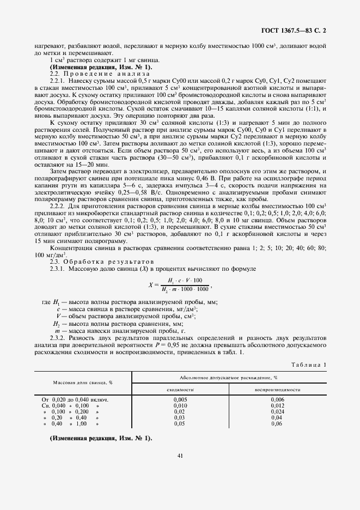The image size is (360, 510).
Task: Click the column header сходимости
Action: tap(180, 390)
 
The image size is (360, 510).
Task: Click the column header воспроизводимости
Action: tap(278, 390)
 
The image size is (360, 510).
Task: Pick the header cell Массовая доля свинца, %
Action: tap(82, 383)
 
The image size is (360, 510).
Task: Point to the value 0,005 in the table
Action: tap(180, 399)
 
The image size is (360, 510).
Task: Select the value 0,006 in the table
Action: tap(278, 399)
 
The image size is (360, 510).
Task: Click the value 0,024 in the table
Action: tap(278, 411)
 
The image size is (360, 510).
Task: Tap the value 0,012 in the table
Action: tap(278, 405)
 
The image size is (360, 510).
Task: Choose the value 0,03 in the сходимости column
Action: tap(180, 417)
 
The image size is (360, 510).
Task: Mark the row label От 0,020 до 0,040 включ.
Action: tap(71, 399)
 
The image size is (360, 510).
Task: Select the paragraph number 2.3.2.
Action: tap(58, 338)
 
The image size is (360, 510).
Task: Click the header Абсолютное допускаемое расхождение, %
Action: tap(229, 377)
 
